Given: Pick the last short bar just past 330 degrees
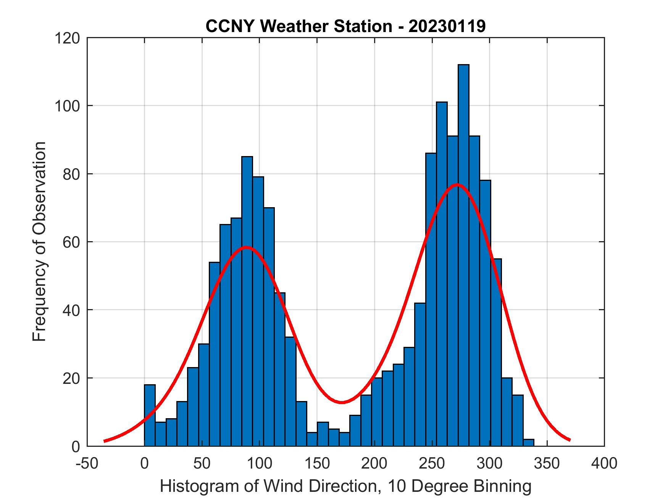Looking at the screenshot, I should pos(529,443).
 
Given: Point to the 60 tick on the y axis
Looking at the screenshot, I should pos(72,242).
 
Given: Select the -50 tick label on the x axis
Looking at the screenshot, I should pos(87,464).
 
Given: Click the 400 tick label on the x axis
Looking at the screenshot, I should pos(604,464).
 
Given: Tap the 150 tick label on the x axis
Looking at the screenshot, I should pos(317,464).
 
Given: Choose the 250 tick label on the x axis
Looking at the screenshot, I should pos(432,464).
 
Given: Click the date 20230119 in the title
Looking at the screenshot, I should pos(447,26).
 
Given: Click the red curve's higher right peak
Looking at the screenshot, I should pos(457,185).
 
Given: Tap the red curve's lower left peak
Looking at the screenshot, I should pos(247,247).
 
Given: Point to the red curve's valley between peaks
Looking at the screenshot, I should pos(342,402).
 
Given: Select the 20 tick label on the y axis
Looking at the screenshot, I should pos(72,378).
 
